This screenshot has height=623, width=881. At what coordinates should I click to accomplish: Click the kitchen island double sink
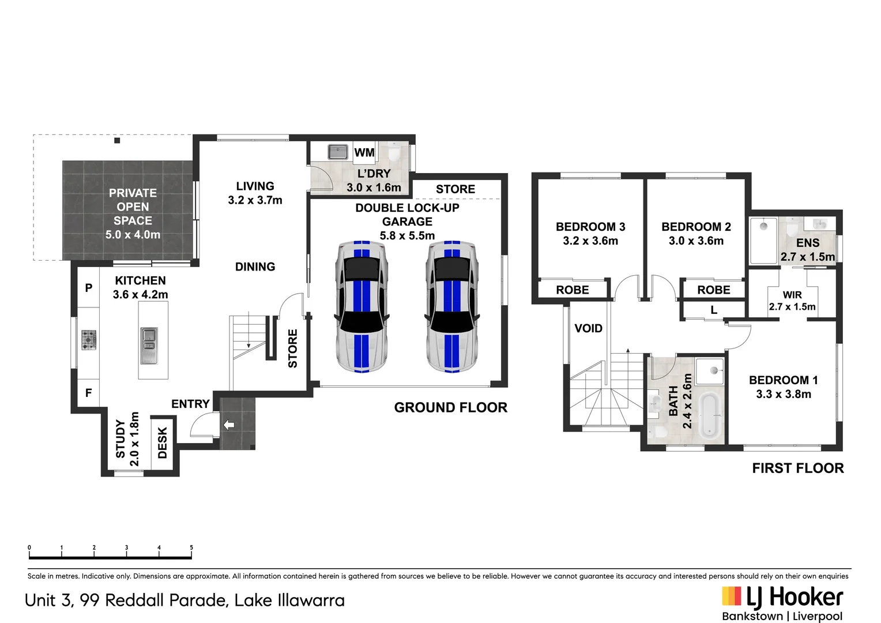149,346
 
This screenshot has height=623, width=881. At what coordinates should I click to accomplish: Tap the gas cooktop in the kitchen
89,340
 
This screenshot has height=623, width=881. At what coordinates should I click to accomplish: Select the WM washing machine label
364,152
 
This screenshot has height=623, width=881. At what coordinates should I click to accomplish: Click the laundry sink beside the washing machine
338,152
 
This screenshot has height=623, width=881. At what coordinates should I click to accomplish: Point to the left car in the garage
362,306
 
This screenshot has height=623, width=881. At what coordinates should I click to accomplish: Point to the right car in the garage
452,306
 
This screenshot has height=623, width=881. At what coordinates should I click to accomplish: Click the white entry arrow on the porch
229,425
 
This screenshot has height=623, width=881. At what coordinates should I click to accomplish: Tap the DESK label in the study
163,443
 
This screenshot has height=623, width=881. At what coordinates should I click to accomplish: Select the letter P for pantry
89,288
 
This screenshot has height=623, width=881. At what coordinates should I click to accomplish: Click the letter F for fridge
88,392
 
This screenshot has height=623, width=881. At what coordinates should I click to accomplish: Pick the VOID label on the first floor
588,328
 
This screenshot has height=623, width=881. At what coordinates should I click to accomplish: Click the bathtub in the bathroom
710,415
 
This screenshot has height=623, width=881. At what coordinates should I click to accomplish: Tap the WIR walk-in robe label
792,295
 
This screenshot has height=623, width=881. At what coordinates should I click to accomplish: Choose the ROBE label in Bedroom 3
573,290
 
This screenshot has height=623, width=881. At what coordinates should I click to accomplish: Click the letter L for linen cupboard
714,310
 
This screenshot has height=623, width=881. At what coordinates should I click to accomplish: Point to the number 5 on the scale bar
191,547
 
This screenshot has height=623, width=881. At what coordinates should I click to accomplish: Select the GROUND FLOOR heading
451,407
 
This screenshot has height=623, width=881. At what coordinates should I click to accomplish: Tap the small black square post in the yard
117,141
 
